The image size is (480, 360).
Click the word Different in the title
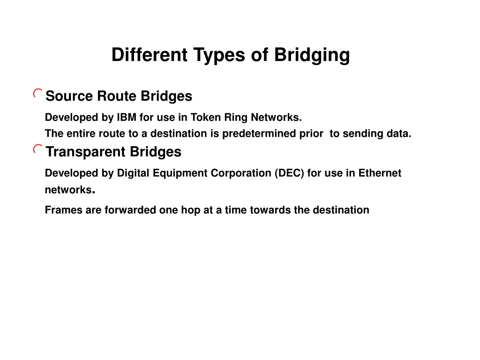[x=150, y=55]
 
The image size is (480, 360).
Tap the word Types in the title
[x=219, y=55]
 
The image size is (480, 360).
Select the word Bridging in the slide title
[x=312, y=55]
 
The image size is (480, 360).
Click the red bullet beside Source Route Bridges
[x=37, y=93]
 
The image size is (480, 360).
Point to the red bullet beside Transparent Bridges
[x=37, y=149]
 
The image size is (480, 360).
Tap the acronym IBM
[x=127, y=117]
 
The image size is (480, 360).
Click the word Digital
[x=133, y=173]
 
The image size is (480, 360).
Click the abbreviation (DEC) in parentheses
[x=289, y=173]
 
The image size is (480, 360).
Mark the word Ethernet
[x=380, y=173]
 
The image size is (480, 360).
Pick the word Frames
[x=64, y=210]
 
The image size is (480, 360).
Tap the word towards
[x=270, y=210]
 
